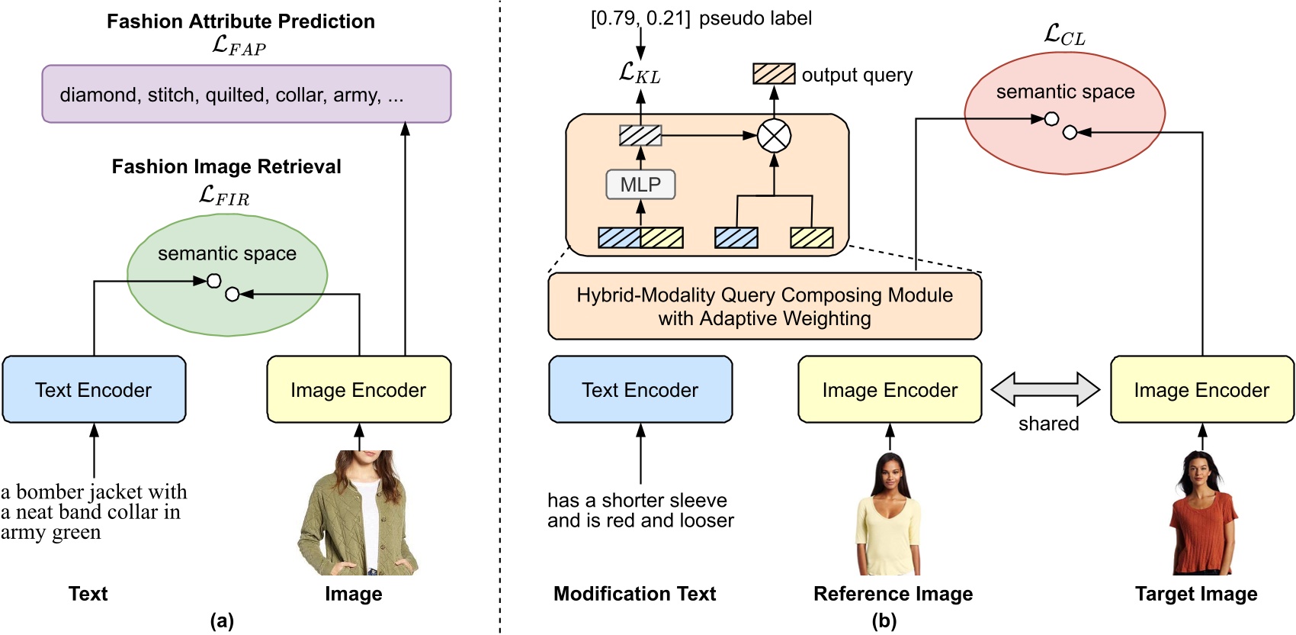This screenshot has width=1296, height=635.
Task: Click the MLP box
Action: [x=640, y=185]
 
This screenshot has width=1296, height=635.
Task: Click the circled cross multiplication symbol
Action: [x=774, y=137]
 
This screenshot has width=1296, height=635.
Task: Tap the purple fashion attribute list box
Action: [x=246, y=94]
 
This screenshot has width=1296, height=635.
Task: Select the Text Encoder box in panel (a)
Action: [x=94, y=389]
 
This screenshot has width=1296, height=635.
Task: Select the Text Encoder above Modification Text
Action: [x=640, y=389]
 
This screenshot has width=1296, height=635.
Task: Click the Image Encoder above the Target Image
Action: [x=1201, y=389]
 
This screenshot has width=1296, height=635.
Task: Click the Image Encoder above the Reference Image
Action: [x=890, y=389]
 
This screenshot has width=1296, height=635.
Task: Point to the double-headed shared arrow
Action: [x=1045, y=389]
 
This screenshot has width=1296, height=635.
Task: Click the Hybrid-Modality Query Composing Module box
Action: [x=765, y=307]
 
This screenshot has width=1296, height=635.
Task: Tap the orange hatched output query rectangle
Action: [x=774, y=74]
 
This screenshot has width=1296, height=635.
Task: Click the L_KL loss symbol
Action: [x=640, y=73]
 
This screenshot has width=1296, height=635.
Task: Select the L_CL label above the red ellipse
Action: [x=1064, y=35]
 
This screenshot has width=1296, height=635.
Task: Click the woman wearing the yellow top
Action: [x=890, y=515]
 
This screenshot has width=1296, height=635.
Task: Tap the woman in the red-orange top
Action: [x=1203, y=513]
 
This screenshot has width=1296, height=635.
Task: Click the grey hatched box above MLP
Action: [x=640, y=136]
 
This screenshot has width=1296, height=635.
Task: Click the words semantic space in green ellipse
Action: [x=227, y=253]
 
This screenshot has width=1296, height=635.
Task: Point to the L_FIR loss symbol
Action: [x=224, y=196]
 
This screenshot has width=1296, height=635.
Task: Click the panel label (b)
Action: [x=884, y=620]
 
